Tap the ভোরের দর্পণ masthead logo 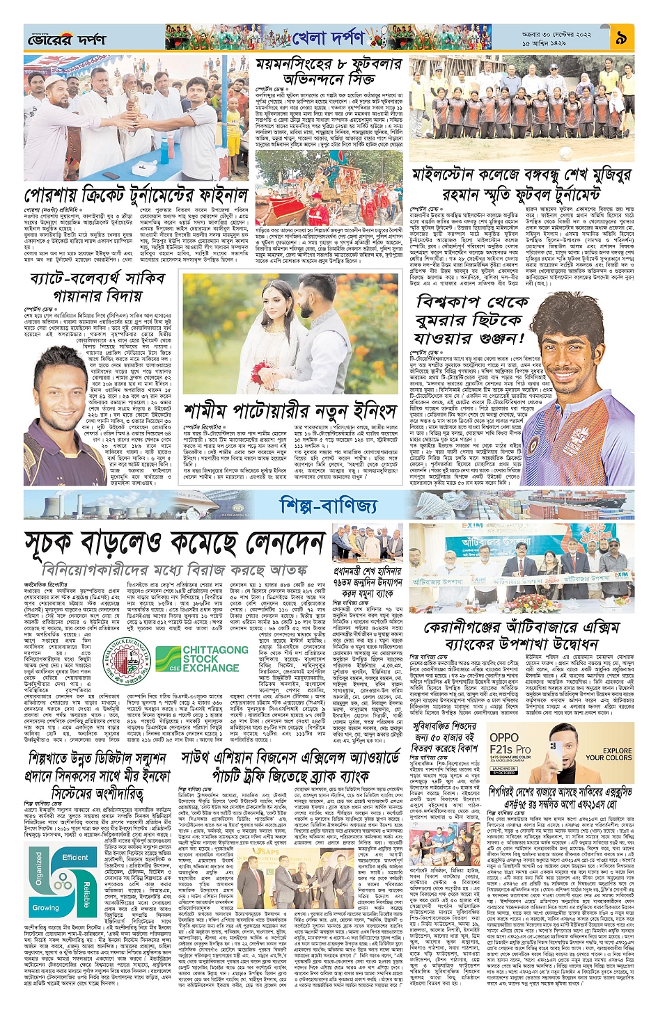(x=67, y=40)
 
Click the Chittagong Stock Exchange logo (x=202, y=658)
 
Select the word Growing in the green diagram (x=46, y=907)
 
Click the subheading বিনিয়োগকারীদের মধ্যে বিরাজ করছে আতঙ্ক (x=174, y=569)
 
